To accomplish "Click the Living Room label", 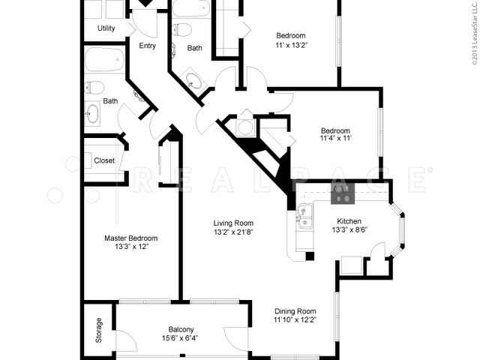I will (x=233, y=223).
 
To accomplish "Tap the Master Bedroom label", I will (x=131, y=238).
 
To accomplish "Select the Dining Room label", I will (x=295, y=311).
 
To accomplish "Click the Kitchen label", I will (x=349, y=221).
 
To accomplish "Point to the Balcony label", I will (x=181, y=329).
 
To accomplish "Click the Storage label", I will (x=98, y=330).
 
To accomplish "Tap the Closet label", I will (x=104, y=160).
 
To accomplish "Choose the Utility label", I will (x=106, y=28).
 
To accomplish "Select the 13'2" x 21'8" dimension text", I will (x=233, y=232).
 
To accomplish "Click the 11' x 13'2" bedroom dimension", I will (x=291, y=45).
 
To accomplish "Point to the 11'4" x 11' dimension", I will (x=335, y=139).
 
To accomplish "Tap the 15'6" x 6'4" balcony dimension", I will (x=181, y=338).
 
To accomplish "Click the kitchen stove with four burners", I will (x=343, y=194).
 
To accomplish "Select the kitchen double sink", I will (x=305, y=218).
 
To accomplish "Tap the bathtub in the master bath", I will (x=103, y=59).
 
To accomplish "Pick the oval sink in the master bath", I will (x=93, y=114).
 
